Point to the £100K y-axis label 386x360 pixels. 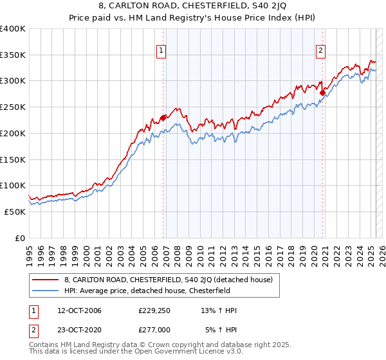tap(13, 186)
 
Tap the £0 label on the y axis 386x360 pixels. tap(21, 238)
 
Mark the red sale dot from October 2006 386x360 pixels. tap(163, 118)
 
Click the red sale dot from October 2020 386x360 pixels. tap(323, 93)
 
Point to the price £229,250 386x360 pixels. tap(154, 310)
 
